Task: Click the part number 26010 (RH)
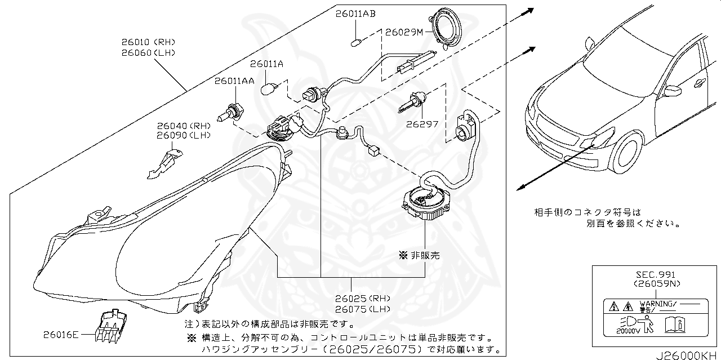coord(148,42)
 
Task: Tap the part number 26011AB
coord(355,14)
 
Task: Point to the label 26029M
coord(404,33)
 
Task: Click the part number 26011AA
coord(234,81)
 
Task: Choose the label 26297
coord(422,124)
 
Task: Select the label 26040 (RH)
coord(183,126)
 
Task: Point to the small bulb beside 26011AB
coord(355,41)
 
